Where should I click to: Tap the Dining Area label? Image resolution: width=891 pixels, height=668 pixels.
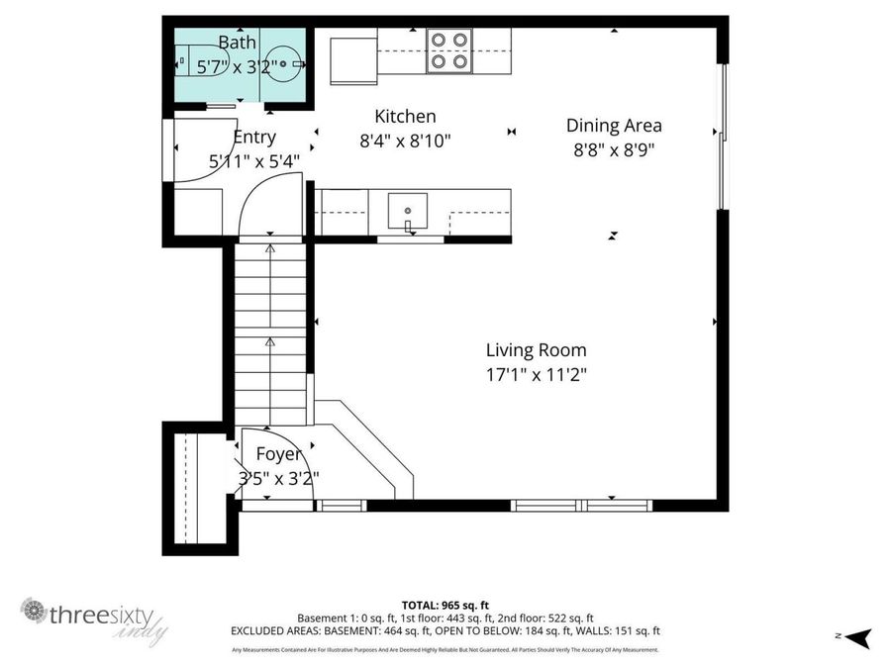614,126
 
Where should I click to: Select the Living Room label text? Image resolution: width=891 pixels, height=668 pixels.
536,350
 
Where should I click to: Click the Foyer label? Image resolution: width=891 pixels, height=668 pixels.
278,454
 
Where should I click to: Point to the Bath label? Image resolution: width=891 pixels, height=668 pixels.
238,43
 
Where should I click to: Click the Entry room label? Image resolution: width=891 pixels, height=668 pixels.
254,138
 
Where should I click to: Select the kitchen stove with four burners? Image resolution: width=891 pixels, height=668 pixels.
449,50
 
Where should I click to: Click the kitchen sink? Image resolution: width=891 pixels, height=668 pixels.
407,211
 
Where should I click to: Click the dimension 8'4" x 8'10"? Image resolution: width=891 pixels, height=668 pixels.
405,141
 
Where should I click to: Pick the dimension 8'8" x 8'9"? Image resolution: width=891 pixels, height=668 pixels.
614,149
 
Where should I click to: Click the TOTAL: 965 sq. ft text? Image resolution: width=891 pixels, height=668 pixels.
445,605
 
